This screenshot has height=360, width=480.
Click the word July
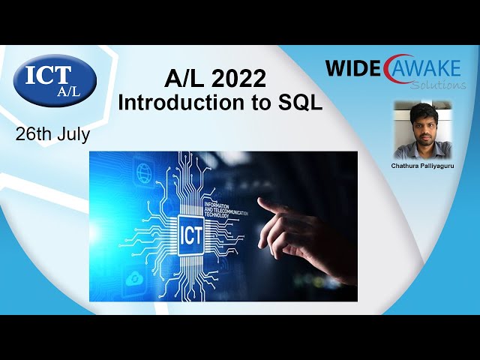point(73,135)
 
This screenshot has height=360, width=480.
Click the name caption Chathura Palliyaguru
point(423,164)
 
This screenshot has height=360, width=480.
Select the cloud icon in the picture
point(135,278)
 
